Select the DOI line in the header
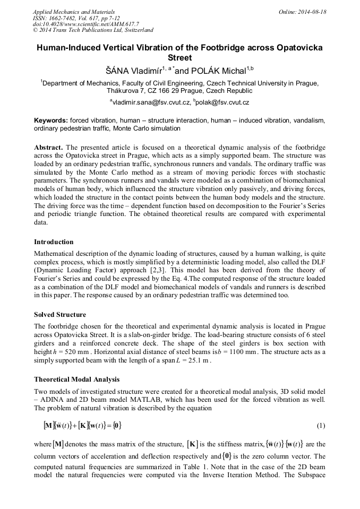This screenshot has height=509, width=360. click(x=85, y=24)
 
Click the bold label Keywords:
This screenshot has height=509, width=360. click(x=51, y=120)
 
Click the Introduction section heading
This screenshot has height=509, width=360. click(x=54, y=242)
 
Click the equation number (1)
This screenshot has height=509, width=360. click(x=321, y=426)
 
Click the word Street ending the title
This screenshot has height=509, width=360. click(x=179, y=58)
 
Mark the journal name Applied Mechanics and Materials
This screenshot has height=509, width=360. click(x=74, y=12)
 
